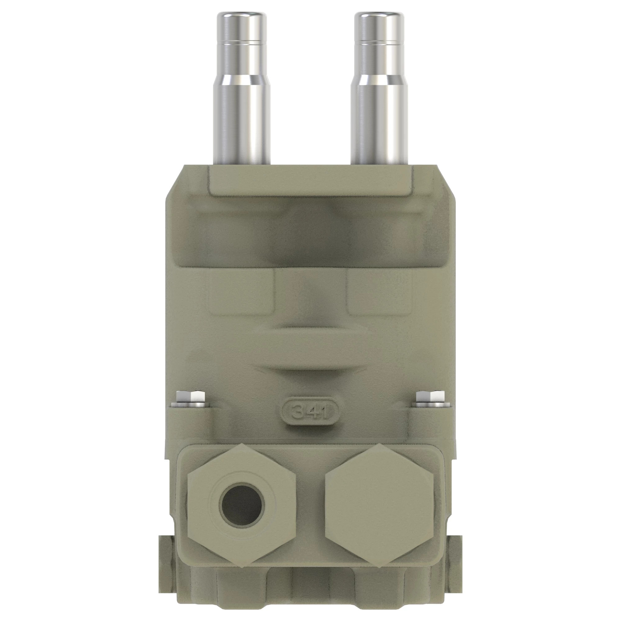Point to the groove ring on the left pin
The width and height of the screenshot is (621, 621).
click(242, 42)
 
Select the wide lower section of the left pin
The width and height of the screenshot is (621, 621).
click(242, 122)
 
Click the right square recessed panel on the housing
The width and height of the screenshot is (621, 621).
click(379, 291)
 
